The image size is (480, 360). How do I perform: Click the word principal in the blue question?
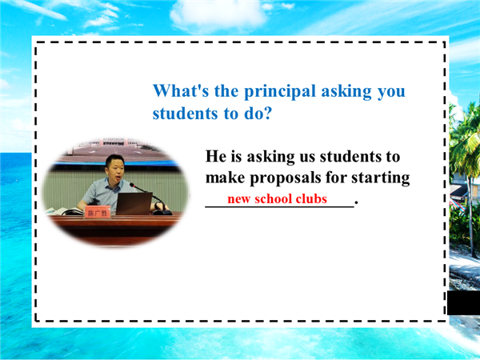coord(279,91)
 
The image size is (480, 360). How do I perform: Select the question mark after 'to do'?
coord(267,114)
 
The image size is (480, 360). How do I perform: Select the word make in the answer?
coord(225,178)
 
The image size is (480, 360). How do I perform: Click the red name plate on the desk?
coord(97,213)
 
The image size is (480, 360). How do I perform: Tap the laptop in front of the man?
coord(134,203)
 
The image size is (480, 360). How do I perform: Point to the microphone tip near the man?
coord(132,185)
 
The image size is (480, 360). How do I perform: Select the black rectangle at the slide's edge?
coord(463,302)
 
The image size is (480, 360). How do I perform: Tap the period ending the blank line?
coord(356,202)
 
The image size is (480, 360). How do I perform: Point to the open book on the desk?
coord(66,211)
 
